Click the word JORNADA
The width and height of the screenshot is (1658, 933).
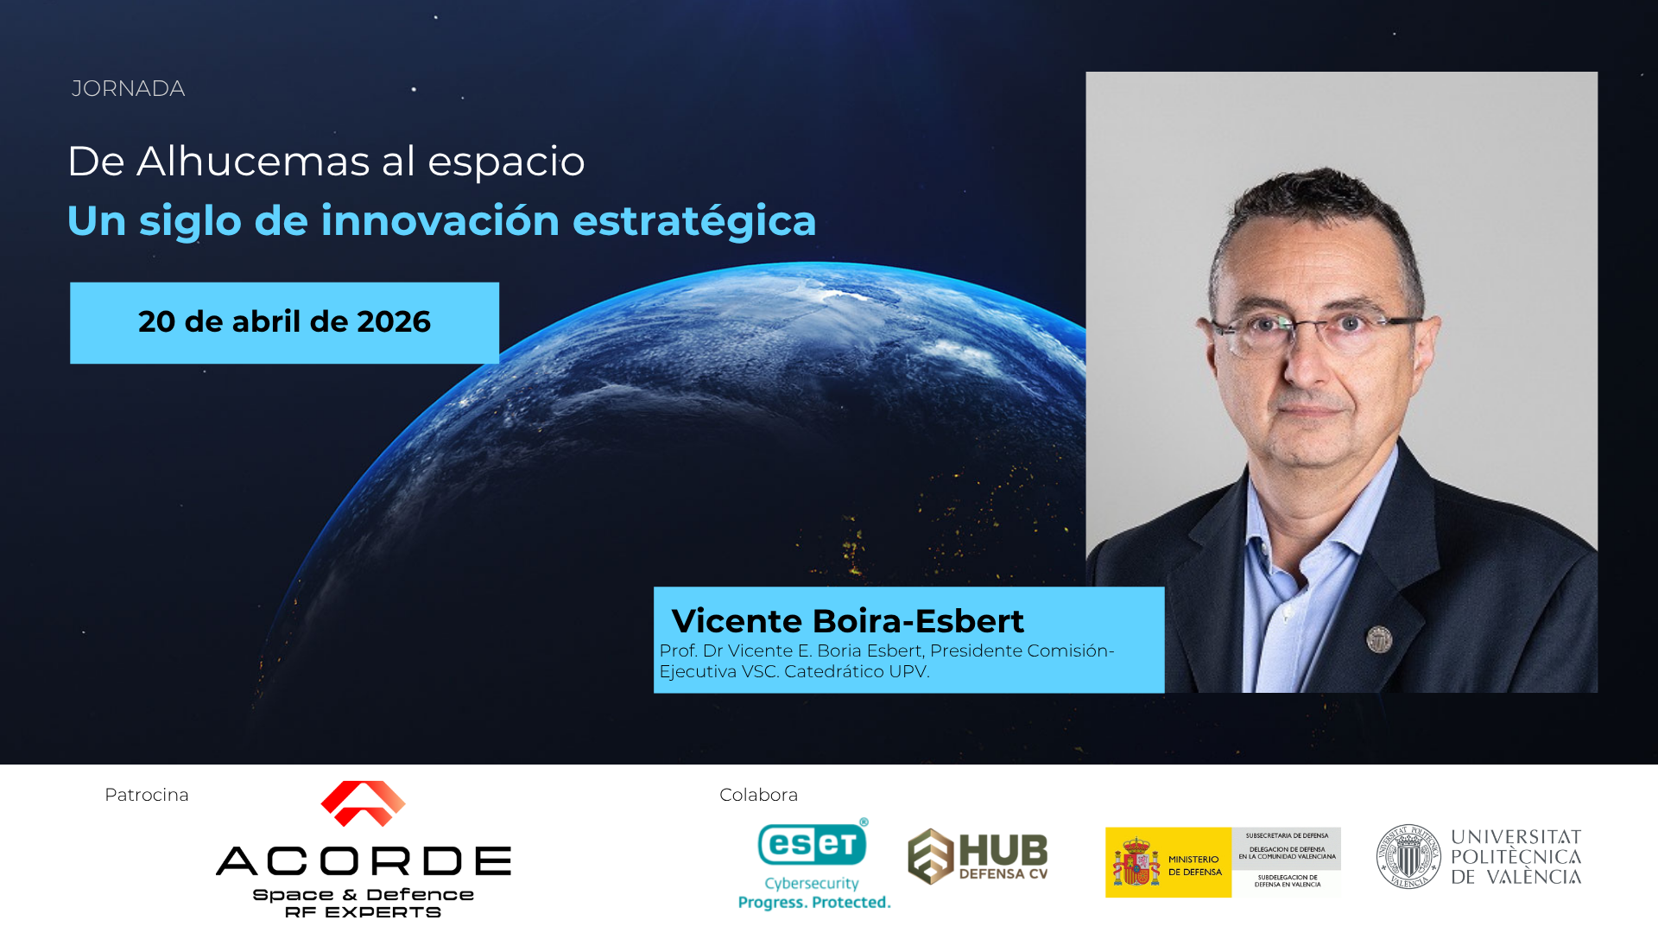[x=128, y=89]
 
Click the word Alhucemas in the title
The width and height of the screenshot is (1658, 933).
[x=254, y=162]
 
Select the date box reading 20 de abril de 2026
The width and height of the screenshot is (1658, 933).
[x=284, y=322]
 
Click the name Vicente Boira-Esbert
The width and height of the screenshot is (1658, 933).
[x=847, y=621]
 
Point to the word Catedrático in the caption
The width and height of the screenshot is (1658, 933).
[x=833, y=671]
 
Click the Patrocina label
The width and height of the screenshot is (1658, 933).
[x=147, y=795]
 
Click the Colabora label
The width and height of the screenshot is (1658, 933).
[x=758, y=795]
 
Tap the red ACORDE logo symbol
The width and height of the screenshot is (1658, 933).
[x=363, y=803]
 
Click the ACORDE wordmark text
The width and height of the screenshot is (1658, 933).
[x=364, y=861]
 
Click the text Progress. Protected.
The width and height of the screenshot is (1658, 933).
[x=814, y=902]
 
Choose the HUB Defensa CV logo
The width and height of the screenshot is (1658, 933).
[x=978, y=856]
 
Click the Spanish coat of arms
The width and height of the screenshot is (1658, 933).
[x=1136, y=862]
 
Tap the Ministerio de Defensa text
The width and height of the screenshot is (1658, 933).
[x=1195, y=866]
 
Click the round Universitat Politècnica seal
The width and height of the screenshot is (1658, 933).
[x=1408, y=856]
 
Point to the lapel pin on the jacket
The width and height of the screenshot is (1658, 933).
[x=1379, y=639]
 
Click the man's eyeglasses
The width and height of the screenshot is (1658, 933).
[x=1317, y=333]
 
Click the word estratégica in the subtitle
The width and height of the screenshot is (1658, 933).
[x=694, y=221]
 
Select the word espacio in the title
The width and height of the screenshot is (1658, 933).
[x=506, y=162]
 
